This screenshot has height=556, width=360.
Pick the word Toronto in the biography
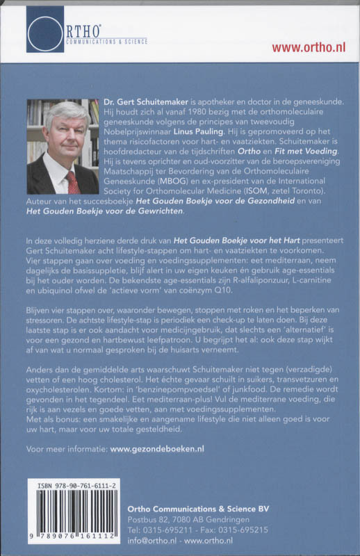click(304, 187)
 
